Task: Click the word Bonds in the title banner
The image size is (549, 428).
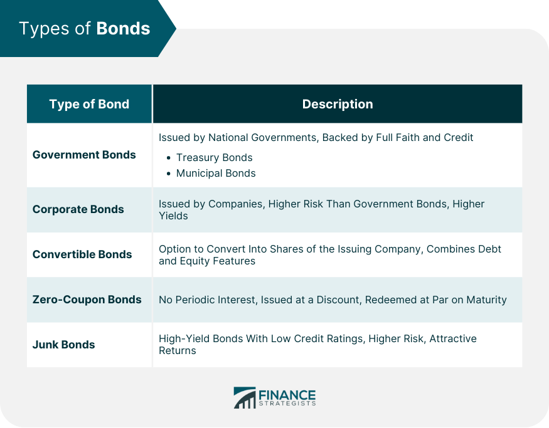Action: [123, 28]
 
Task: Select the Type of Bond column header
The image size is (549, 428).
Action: [89, 104]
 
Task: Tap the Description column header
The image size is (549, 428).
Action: [338, 104]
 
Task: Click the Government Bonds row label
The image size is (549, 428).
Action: [84, 155]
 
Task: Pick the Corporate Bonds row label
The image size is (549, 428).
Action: [78, 209]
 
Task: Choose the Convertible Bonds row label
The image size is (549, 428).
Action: [82, 254]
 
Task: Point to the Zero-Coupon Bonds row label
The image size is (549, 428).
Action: [87, 300]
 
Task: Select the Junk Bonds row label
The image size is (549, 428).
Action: [64, 345]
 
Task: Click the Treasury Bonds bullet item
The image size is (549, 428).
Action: [215, 157]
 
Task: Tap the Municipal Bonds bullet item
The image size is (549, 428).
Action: [216, 173]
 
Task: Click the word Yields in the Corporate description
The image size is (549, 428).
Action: [173, 216]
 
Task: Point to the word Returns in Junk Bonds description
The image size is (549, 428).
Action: [178, 350]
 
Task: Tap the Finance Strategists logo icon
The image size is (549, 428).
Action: [245, 397]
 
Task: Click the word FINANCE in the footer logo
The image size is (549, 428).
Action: [287, 395]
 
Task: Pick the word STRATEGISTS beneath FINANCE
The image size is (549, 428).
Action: [287, 404]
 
